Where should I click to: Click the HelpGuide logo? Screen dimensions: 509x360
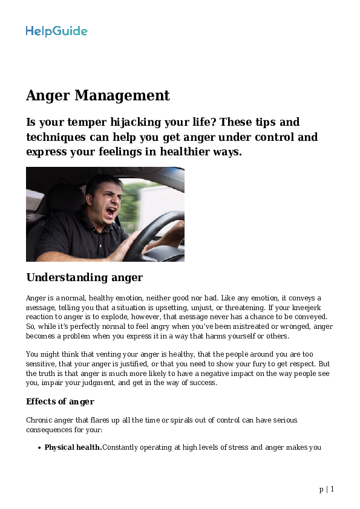[56, 31]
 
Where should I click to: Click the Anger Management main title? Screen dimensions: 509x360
[97, 96]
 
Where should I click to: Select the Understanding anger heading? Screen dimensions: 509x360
[84, 277]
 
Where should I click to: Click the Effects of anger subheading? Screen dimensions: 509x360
[60, 401]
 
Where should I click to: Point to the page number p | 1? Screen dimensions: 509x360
[327, 489]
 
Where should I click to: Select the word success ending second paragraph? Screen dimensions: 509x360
[202, 383]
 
